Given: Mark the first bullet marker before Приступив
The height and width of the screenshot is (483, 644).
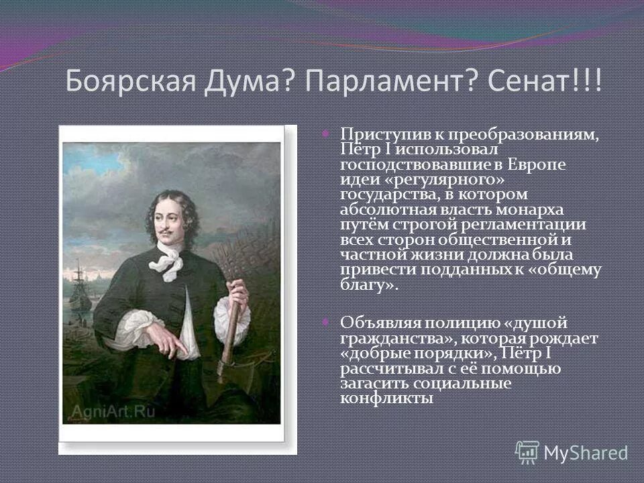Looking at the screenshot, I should (326, 133).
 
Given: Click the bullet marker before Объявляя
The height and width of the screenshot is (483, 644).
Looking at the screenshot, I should (326, 323).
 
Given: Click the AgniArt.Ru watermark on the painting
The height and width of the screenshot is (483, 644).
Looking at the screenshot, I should (109, 411).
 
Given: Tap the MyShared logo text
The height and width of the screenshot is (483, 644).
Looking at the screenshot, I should (585, 453).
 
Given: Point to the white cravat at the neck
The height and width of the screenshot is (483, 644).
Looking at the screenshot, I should (166, 261).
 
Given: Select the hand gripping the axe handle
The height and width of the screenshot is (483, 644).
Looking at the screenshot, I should (237, 295).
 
